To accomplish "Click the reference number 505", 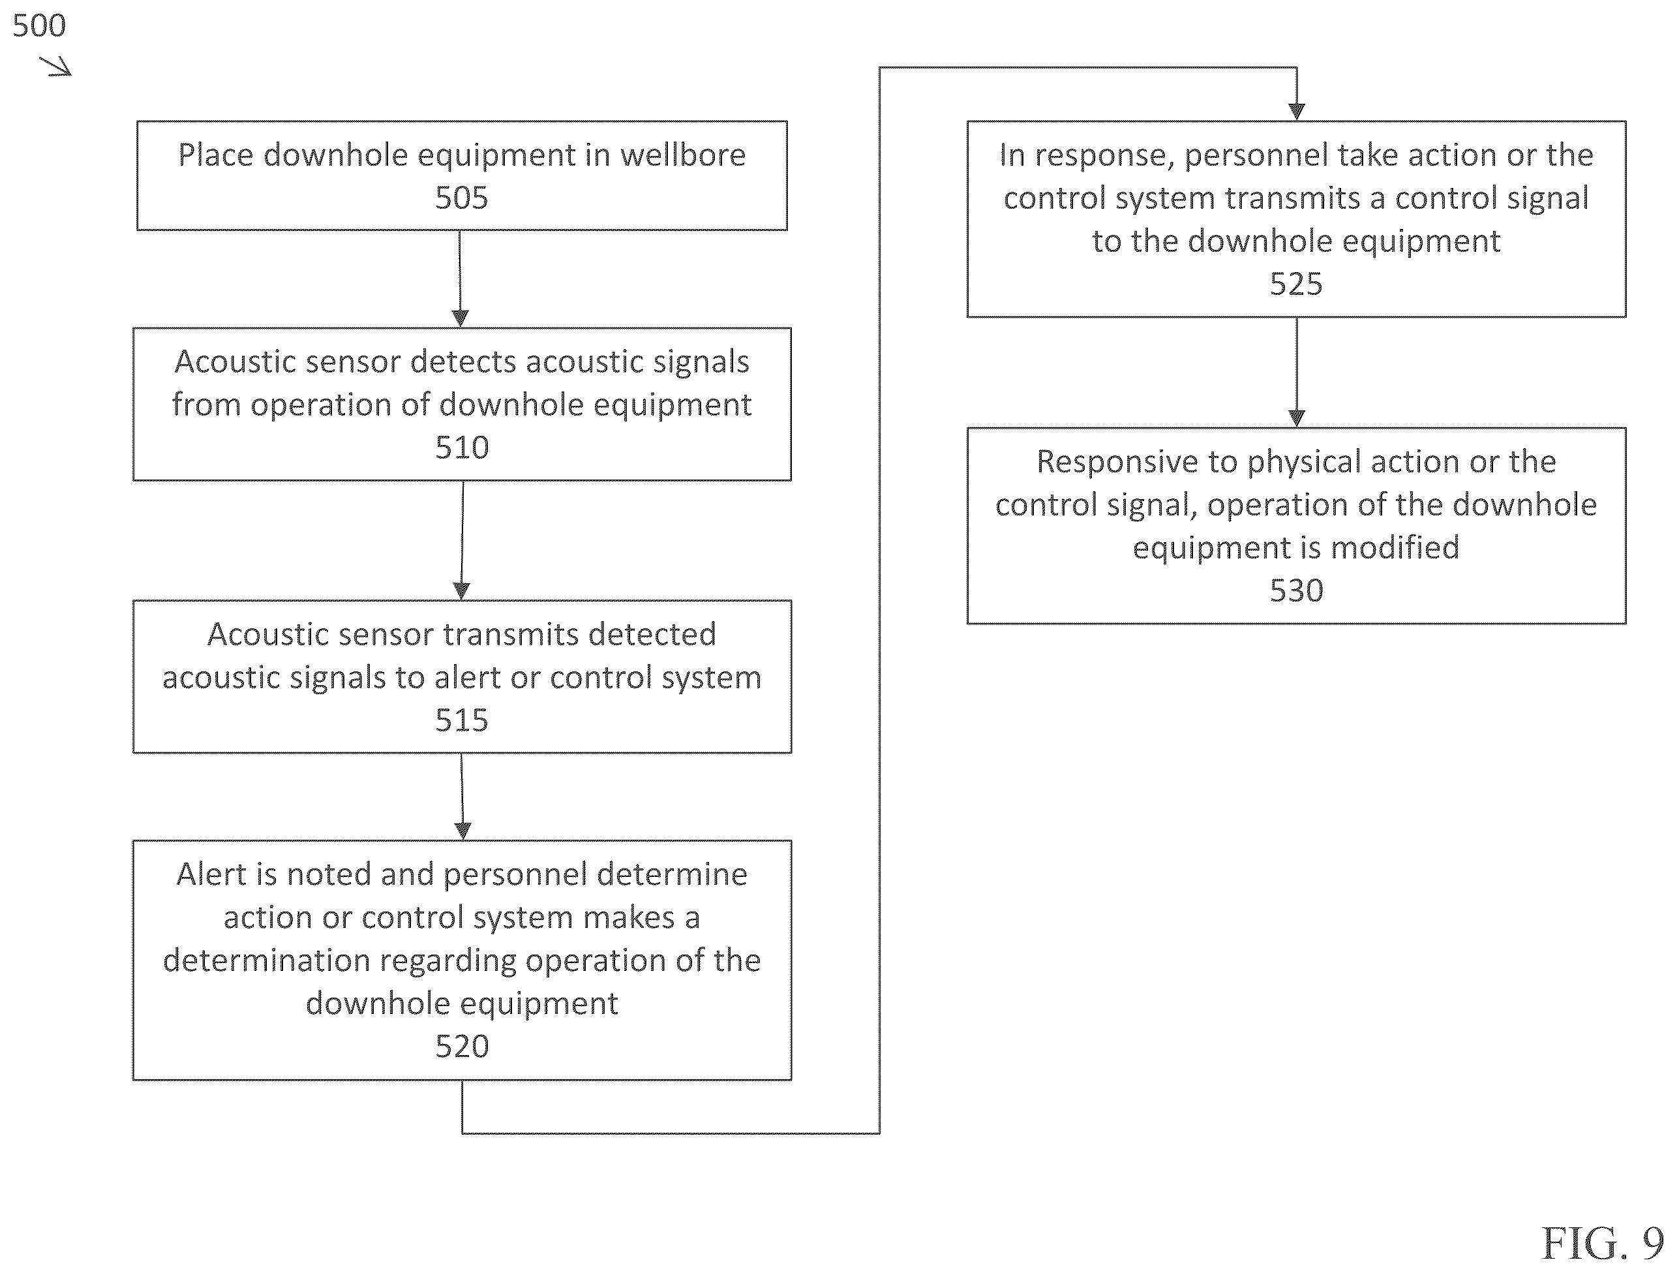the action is pos(461,198).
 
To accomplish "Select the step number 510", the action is pos(462,448).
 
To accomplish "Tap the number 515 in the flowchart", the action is pos(462,720).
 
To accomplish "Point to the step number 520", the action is pos(462,1047).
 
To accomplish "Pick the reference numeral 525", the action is pos(1297,284).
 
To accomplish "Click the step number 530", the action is pos(1297,590).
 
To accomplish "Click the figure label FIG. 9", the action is pos(1603,1243).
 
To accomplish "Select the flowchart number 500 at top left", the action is pos(39,26).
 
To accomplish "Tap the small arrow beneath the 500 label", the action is pos(56,67).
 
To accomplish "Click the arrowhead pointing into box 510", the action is pos(461,318).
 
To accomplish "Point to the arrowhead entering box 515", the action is pos(461,590).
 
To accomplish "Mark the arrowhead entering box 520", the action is pos(462,831).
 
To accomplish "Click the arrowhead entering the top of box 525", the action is pos(1297,112).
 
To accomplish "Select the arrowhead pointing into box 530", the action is pos(1297,418).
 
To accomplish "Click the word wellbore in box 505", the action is pos(683,155).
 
